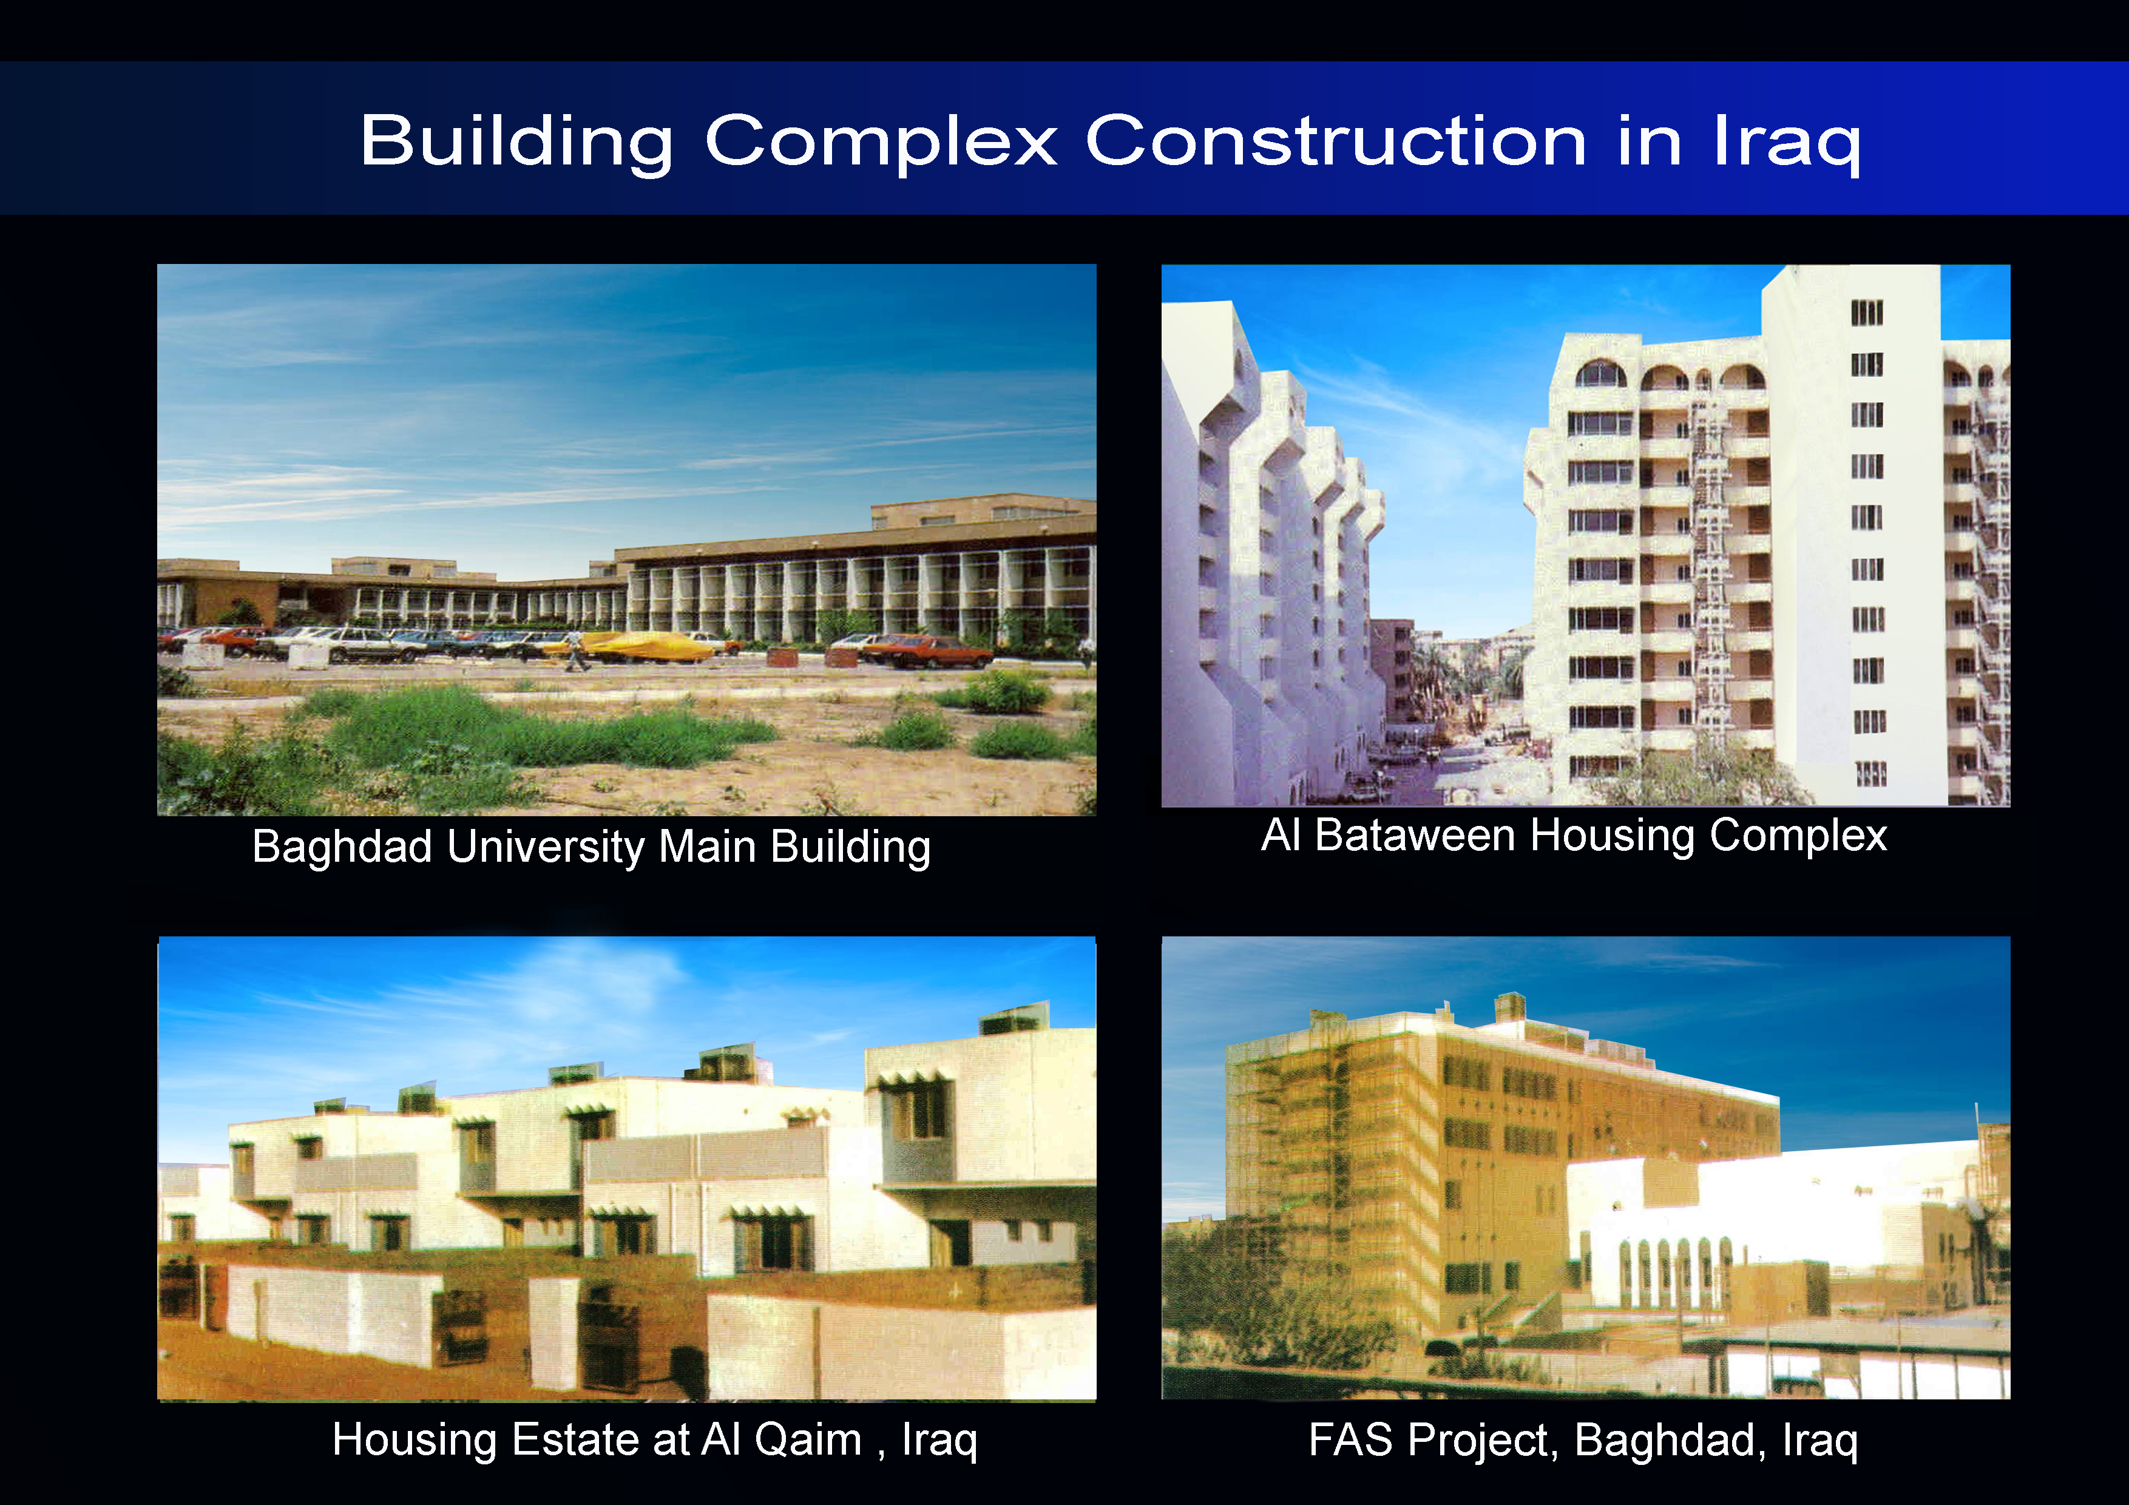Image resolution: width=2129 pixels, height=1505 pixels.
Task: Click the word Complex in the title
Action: click(881, 143)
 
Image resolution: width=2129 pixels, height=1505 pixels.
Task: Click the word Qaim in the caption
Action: click(808, 1440)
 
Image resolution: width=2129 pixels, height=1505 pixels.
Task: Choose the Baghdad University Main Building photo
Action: click(627, 539)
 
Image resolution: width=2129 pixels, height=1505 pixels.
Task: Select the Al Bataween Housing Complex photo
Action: click(1586, 536)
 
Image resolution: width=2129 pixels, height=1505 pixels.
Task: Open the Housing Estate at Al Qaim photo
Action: click(627, 1168)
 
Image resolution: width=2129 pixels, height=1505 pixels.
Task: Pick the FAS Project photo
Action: click(1586, 1168)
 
